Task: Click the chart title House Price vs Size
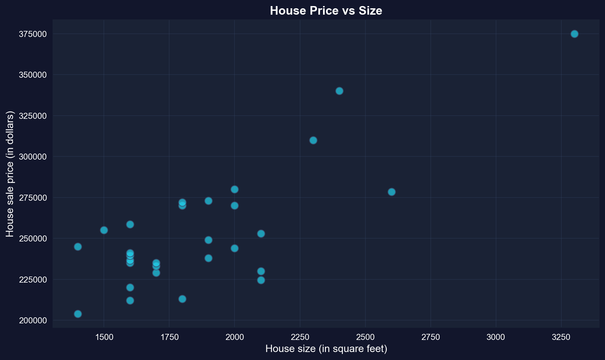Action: pos(326,11)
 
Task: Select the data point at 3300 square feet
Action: pos(574,34)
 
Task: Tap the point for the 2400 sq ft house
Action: pos(339,91)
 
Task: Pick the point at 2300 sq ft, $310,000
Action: pos(313,140)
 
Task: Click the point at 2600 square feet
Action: pos(392,192)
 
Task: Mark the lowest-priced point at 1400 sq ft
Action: pos(78,314)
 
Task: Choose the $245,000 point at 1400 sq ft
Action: pos(78,247)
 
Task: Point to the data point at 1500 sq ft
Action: pos(104,230)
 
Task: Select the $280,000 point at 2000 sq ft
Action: pos(234,189)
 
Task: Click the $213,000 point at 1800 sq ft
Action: pos(182,299)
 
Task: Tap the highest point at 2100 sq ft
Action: pos(261,234)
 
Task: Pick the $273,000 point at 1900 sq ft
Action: pos(208,201)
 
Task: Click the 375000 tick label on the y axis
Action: pos(33,34)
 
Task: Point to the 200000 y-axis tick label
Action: pos(33,320)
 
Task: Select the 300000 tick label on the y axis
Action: pos(33,157)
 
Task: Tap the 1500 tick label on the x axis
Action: pos(104,337)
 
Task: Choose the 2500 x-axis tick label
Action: pos(365,337)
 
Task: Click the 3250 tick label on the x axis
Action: pos(561,337)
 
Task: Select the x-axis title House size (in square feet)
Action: pos(326,349)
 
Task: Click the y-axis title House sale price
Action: pos(10,174)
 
